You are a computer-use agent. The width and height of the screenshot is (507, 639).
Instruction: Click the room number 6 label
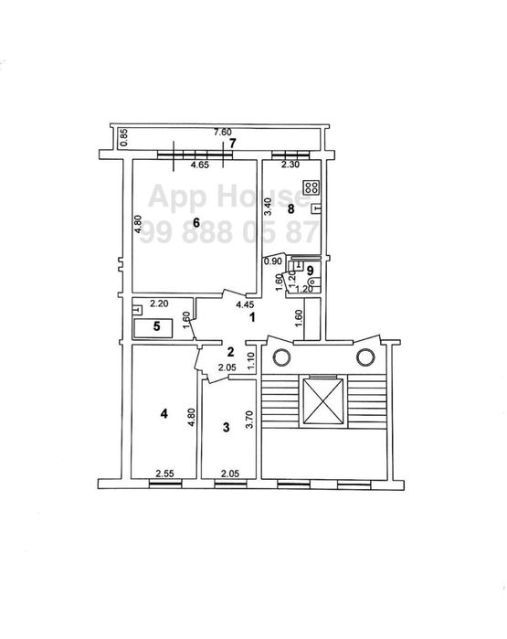coord(196,222)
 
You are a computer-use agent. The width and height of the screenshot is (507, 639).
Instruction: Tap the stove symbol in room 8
coord(312,187)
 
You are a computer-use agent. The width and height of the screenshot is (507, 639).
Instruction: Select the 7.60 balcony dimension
coord(223,132)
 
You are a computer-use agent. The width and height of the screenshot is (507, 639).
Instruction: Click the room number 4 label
coord(164,414)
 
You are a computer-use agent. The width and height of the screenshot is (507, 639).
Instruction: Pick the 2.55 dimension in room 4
coord(165,474)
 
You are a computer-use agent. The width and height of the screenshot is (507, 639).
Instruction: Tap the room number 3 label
coord(226,428)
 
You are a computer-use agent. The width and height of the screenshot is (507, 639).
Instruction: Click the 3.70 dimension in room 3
coord(250,419)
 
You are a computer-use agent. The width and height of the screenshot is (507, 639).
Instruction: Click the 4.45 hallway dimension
coord(245,304)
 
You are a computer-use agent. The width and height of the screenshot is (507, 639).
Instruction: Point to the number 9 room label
coord(311,271)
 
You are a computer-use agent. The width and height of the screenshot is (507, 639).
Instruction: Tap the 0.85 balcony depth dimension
coord(124,137)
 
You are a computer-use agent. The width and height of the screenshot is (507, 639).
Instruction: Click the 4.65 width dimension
coord(200,165)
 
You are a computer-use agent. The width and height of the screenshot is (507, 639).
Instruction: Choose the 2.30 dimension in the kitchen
coord(290,165)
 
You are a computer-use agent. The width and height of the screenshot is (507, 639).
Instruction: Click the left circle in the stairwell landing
coord(281,357)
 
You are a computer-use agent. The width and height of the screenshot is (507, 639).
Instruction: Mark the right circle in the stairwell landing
coord(365,357)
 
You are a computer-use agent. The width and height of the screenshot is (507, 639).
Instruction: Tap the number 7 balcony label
coord(233,143)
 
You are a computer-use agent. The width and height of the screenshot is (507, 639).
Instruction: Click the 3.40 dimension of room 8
coord(268,208)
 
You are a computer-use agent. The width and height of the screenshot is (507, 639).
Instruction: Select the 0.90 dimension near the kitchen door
coord(272,261)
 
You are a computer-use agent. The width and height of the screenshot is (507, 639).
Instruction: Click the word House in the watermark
coord(263,197)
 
